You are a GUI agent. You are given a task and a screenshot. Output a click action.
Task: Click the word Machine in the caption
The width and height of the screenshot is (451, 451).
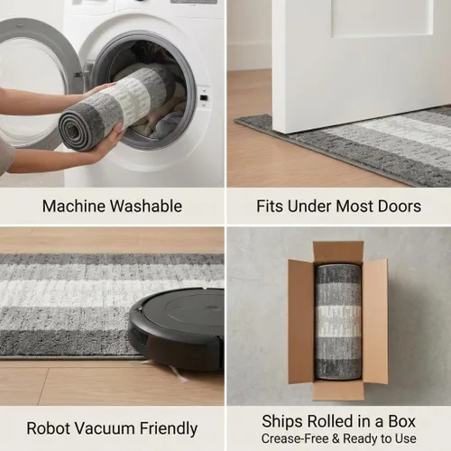click(x=74, y=207)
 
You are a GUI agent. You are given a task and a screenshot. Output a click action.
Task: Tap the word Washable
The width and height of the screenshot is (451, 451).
click(x=146, y=207)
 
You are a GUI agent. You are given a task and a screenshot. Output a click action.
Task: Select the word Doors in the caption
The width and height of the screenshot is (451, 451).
click(x=400, y=207)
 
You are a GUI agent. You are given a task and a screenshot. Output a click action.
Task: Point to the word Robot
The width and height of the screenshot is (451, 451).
click(x=48, y=428)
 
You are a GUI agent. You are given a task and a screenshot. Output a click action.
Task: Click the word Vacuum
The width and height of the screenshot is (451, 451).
click(x=105, y=428)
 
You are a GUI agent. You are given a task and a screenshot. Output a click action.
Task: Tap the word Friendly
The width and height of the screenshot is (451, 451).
click(x=169, y=429)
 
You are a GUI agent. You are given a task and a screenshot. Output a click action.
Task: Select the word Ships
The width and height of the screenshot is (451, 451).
click(x=282, y=421)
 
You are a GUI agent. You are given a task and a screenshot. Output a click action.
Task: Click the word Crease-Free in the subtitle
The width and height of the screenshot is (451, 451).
click(x=295, y=438)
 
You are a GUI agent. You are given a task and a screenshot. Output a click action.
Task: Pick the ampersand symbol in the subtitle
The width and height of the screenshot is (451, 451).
click(x=336, y=438)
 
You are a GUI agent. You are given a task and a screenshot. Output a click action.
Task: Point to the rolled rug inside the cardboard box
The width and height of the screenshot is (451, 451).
click(x=338, y=322)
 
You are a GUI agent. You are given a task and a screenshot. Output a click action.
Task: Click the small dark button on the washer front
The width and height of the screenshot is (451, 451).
click(x=204, y=97)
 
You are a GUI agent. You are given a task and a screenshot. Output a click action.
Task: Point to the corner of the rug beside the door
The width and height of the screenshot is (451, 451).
click(x=236, y=119)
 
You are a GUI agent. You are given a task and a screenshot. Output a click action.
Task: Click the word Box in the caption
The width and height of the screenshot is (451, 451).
click(x=402, y=421)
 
